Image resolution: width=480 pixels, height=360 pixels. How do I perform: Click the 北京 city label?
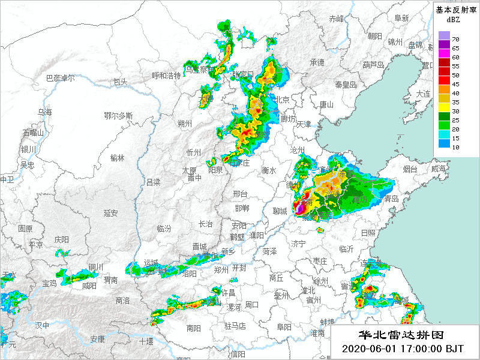click(x=281, y=100)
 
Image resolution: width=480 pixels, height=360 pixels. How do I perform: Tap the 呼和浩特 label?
click(x=166, y=76)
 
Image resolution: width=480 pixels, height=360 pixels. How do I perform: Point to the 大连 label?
click(x=424, y=94)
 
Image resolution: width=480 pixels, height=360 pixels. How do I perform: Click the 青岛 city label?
click(x=391, y=199)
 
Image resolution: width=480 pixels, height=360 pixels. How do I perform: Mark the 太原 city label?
click(x=189, y=170)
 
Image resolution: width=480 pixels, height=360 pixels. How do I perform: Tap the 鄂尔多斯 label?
click(x=118, y=115)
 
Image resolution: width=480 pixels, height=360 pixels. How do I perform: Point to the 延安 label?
click(x=110, y=213)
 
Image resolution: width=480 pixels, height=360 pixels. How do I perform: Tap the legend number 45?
click(x=455, y=84)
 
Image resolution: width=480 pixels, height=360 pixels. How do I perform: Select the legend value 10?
click(x=455, y=147)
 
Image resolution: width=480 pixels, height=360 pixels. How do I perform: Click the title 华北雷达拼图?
click(x=401, y=335)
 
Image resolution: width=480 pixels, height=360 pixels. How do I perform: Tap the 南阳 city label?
click(x=193, y=328)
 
